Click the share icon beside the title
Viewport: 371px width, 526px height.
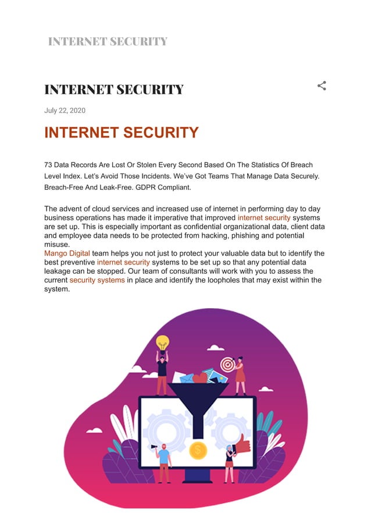click(322, 86)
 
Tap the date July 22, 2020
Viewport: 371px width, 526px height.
click(65, 111)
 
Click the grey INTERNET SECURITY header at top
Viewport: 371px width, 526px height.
click(108, 41)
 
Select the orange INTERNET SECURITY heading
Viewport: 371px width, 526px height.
click(121, 133)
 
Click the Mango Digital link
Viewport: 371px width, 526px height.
click(67, 253)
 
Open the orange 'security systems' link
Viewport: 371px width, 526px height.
click(97, 280)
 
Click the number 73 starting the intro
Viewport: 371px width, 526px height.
click(49, 165)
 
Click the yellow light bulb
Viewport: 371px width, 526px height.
click(162, 342)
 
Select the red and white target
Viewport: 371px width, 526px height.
click(227, 365)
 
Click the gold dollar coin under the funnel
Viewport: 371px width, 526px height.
click(198, 450)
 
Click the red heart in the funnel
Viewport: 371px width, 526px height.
click(199, 377)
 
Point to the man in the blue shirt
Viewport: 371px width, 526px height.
click(164, 460)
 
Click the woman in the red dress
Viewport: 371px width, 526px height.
click(240, 376)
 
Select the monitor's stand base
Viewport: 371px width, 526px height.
click(198, 478)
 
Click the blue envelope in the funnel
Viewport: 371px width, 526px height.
click(186, 378)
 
